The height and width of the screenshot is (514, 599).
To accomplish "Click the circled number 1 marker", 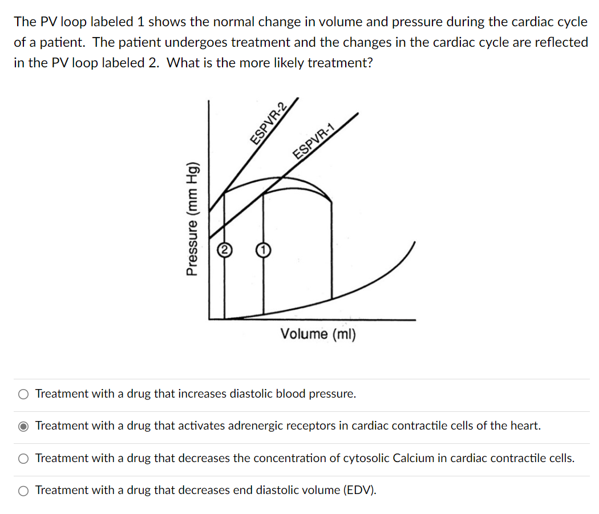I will [x=262, y=250].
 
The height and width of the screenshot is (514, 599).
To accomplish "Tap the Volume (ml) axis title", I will [x=318, y=334].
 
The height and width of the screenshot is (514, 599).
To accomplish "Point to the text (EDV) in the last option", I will [x=361, y=490].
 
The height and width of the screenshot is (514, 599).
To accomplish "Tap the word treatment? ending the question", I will [x=340, y=63].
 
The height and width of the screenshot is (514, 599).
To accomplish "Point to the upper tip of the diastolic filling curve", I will [x=414, y=242].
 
